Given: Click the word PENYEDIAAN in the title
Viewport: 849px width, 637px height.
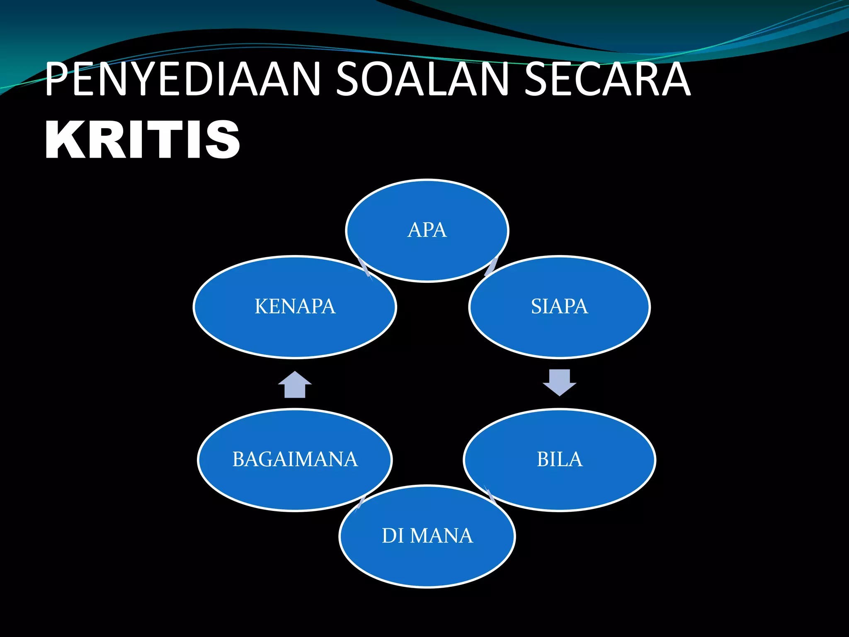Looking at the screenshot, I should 182,79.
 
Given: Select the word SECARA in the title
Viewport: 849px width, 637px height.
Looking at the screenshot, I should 607,79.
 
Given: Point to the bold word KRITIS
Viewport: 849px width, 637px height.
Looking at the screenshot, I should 142,139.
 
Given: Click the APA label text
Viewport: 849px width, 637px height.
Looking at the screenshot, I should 427,230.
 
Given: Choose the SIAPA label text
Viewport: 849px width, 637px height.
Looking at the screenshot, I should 559,306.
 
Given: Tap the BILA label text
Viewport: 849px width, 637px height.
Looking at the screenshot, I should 559,460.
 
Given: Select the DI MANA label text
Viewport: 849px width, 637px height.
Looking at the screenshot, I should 427,536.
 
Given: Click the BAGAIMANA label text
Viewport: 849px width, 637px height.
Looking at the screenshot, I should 295,460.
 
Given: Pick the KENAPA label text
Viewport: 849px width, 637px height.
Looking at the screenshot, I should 295,306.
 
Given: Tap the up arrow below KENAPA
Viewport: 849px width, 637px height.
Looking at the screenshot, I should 295,384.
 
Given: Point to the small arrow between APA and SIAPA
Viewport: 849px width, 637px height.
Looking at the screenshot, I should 491,267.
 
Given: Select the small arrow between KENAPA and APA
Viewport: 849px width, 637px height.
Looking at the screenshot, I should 364,268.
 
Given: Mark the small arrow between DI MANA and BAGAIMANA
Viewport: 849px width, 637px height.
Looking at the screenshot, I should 361,502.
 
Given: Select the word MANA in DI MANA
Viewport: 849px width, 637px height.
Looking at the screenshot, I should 441,536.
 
